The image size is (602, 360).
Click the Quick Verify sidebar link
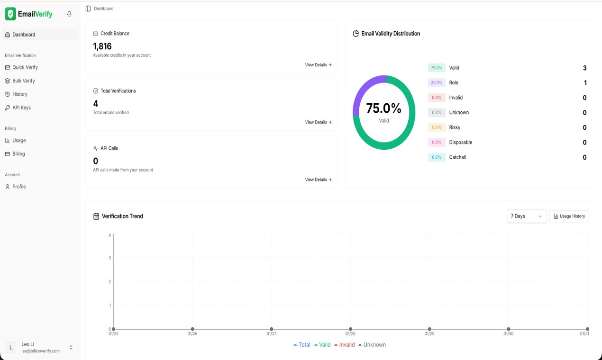coord(25,67)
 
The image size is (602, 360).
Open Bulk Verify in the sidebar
coord(23,81)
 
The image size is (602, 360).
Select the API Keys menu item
coord(21,108)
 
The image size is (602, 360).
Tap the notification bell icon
coord(69,14)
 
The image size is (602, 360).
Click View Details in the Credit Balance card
coord(318,65)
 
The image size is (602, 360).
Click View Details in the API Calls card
coord(318,180)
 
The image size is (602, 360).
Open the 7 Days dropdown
coord(526,216)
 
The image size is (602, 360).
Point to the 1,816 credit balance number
coord(102,46)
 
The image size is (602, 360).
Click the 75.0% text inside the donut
coord(383,108)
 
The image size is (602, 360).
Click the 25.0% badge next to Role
coord(436,83)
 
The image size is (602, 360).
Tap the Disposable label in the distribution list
coord(460,143)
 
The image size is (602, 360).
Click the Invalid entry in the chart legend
coord(344,345)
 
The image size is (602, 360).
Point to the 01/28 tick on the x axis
coord(350,334)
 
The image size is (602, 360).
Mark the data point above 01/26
coord(192,329)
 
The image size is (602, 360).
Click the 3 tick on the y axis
coord(110,258)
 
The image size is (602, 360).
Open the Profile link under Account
coord(19,187)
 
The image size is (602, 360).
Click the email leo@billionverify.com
coord(41,351)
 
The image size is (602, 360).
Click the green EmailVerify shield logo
coord(10,14)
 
